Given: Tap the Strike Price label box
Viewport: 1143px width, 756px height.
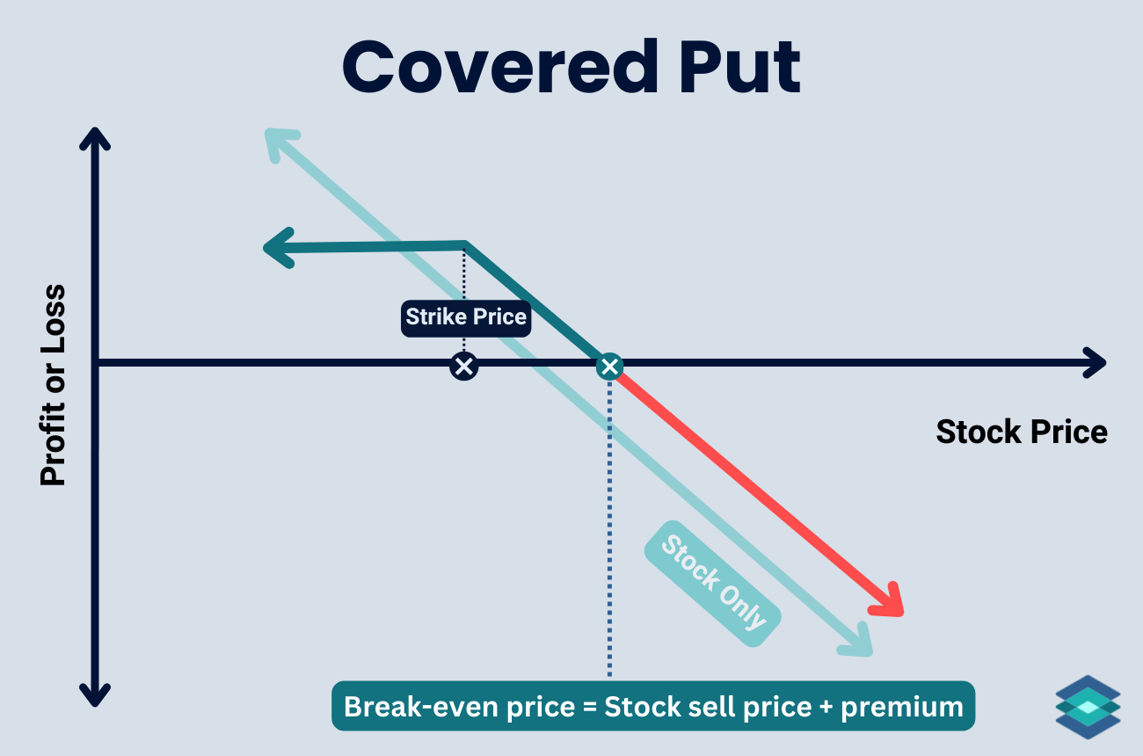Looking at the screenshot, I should [x=466, y=316].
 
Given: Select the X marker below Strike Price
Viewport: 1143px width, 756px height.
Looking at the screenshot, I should [x=463, y=366].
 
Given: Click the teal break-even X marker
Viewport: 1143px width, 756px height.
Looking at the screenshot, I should [x=608, y=366].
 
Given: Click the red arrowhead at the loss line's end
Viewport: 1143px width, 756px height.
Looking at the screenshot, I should [x=891, y=601].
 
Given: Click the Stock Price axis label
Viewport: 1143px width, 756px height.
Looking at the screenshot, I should [x=1021, y=433].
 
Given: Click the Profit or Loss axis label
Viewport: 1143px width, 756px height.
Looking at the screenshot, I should [x=54, y=385].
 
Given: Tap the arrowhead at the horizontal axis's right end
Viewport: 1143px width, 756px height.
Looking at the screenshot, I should [x=1095, y=362].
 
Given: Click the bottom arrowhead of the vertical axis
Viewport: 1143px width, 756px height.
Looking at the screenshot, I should [x=95, y=694].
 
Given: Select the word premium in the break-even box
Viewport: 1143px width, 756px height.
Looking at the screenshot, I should [x=902, y=707].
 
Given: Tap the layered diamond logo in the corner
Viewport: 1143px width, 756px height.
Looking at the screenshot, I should [x=1088, y=707].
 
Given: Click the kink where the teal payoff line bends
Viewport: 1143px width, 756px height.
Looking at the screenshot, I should [x=464, y=244].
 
